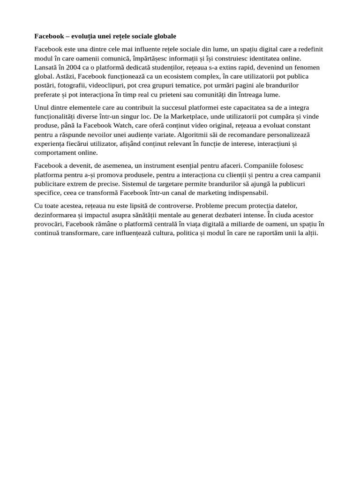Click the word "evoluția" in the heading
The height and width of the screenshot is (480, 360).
[x=86, y=36]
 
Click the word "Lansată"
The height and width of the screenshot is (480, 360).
[x=45, y=67]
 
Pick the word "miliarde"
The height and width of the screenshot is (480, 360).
[x=247, y=224]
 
